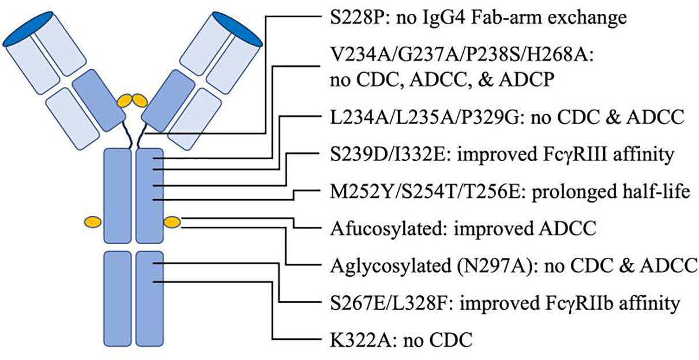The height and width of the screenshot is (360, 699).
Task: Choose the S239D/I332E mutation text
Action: pyautogui.click(x=369, y=155)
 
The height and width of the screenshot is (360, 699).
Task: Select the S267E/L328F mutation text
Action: pyautogui.click(x=369, y=302)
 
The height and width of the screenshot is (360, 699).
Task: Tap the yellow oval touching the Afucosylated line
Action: pyautogui.click(x=172, y=222)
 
